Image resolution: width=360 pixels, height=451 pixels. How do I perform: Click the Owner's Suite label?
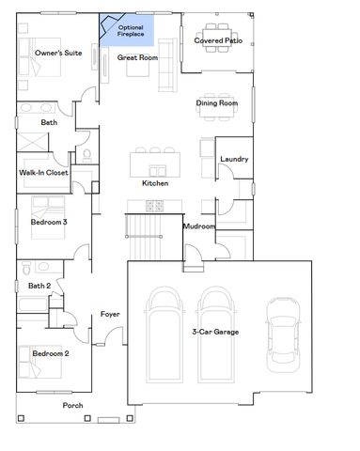point(58,54)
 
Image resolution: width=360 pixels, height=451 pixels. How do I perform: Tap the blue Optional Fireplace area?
point(131,31)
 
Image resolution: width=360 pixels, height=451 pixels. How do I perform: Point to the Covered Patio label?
point(217,40)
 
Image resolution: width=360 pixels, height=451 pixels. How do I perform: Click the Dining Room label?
point(216,102)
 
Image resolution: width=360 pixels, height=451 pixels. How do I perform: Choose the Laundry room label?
point(234,159)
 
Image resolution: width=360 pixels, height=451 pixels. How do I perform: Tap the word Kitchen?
point(155,182)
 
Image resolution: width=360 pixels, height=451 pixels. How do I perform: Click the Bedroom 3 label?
point(50,222)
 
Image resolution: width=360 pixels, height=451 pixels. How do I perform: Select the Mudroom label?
point(199,226)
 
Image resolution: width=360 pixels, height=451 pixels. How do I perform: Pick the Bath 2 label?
point(39,286)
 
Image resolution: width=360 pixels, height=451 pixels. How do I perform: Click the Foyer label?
point(110,314)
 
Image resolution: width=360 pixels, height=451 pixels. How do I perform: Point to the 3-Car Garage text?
point(215,332)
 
